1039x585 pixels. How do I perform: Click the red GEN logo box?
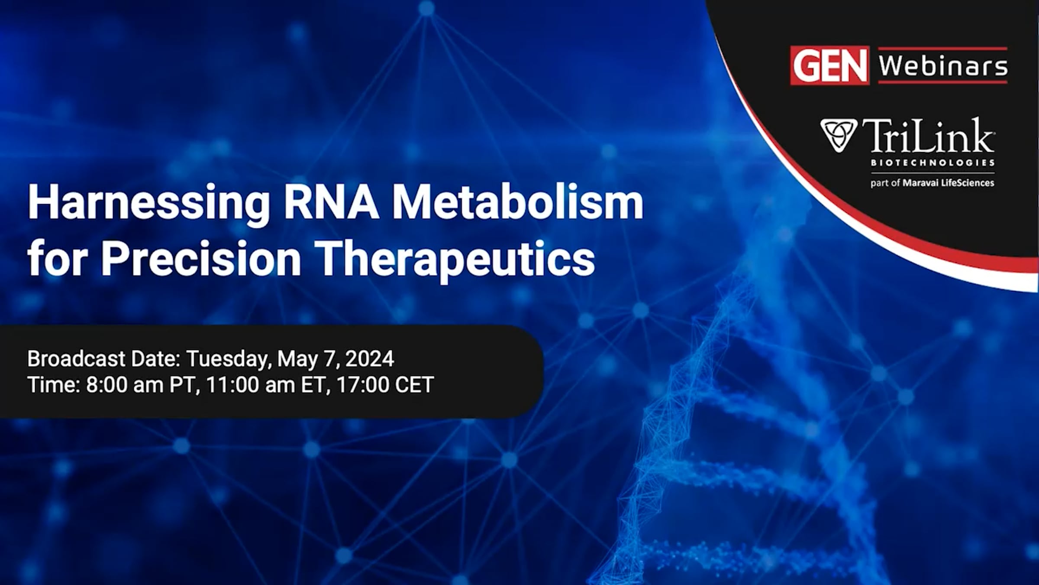829,65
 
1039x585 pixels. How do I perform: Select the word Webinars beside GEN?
943,66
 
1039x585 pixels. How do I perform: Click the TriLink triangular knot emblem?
838,135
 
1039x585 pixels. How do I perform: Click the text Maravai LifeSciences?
948,183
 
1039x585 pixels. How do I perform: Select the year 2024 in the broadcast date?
370,359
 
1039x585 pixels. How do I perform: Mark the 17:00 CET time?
385,385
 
